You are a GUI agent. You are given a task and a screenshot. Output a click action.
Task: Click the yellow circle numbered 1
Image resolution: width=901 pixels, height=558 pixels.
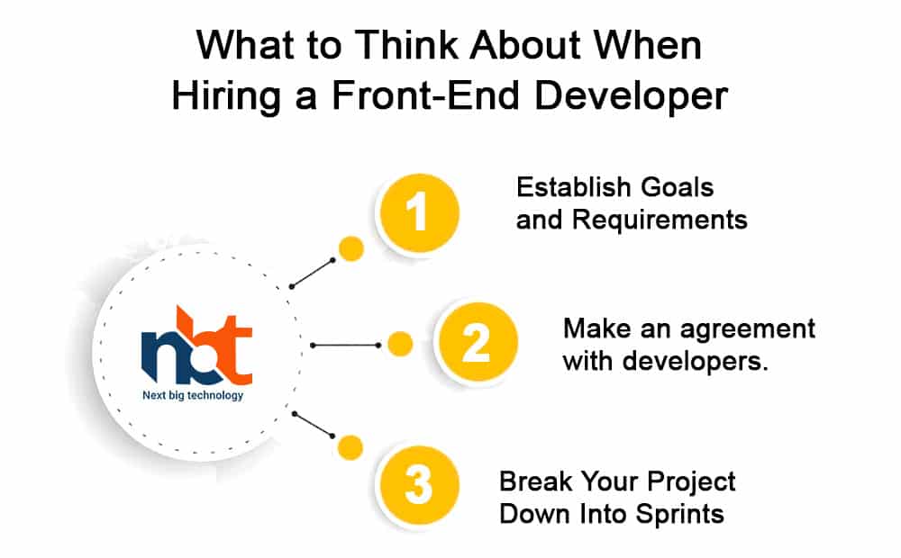coord(418,212)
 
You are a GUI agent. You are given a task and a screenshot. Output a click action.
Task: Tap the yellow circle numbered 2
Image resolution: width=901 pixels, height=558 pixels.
coord(477,343)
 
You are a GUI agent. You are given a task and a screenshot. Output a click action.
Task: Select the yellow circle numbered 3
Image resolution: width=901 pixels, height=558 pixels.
coord(418,485)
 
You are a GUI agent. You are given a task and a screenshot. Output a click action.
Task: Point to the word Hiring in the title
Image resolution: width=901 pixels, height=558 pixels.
coord(226,96)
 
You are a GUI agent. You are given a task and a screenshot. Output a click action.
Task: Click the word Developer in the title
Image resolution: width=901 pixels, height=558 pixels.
coord(632,96)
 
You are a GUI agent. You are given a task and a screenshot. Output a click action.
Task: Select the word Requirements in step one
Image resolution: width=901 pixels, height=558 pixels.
coord(660,220)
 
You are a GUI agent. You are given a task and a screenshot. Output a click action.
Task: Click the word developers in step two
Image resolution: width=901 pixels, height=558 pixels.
coord(696,361)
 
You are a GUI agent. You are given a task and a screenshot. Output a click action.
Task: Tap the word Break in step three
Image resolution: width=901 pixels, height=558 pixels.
coord(536,481)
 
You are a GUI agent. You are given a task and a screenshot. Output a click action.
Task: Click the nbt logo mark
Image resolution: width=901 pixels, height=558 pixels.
coord(196,346)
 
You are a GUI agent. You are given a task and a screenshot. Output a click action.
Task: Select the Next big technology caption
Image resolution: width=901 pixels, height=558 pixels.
coord(193,395)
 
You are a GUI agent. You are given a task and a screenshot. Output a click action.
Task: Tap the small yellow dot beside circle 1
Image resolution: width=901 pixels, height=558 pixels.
coord(351,249)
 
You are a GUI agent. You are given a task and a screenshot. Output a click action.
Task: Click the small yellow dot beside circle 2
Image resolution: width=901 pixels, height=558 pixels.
coord(400,345)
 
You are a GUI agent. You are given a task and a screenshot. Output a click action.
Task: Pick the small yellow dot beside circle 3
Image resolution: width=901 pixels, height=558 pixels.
coord(350,448)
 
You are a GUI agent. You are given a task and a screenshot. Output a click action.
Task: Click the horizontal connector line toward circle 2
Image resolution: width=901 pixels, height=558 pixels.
coord(345,345)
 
